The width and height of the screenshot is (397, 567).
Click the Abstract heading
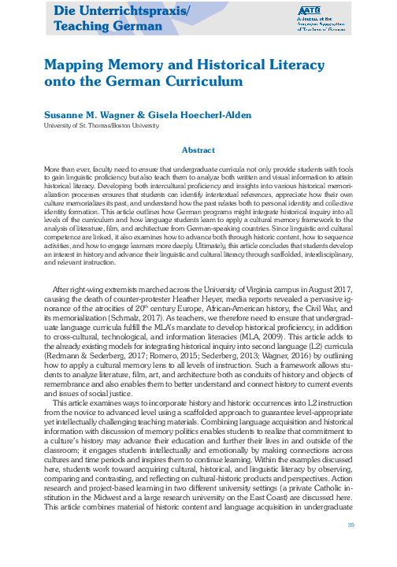pyautogui.click(x=198, y=150)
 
